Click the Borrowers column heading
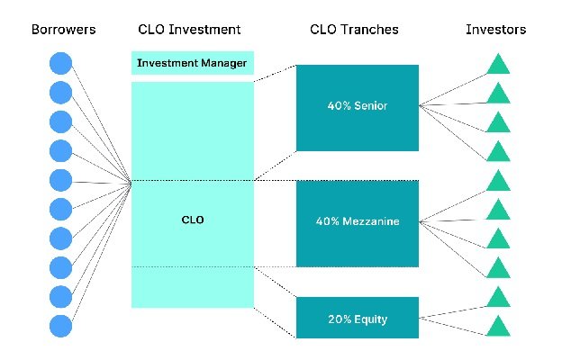(63, 30)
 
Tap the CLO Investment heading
(189, 30)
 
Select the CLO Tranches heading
(354, 30)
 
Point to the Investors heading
(495, 30)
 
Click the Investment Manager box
(193, 63)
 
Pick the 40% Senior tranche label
(358, 105)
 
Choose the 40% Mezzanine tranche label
(358, 221)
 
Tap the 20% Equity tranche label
(358, 319)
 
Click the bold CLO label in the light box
(193, 220)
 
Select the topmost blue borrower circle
(60, 63)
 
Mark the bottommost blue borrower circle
(60, 326)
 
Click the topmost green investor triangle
(498, 64)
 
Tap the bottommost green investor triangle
(498, 326)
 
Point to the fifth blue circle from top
(60, 180)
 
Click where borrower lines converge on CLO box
(131, 184)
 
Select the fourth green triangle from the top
(498, 151)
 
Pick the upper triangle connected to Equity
(498, 297)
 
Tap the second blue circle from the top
(60, 93)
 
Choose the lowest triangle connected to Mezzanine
(498, 267)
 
